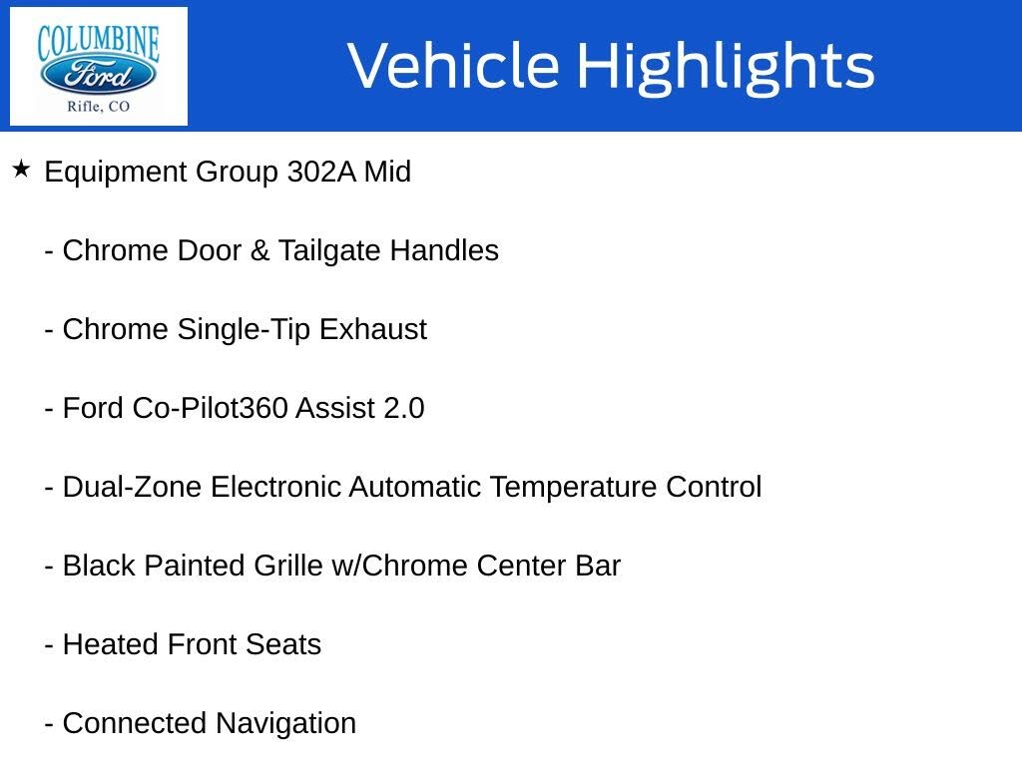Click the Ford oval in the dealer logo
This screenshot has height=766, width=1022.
[98, 75]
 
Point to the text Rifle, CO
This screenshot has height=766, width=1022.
[98, 106]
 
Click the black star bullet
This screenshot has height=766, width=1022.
[21, 169]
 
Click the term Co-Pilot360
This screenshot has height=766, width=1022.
[211, 408]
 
